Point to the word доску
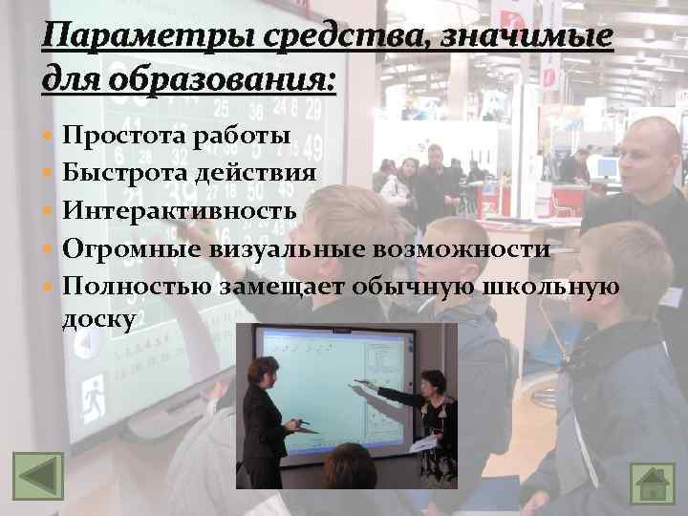click(99, 318)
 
